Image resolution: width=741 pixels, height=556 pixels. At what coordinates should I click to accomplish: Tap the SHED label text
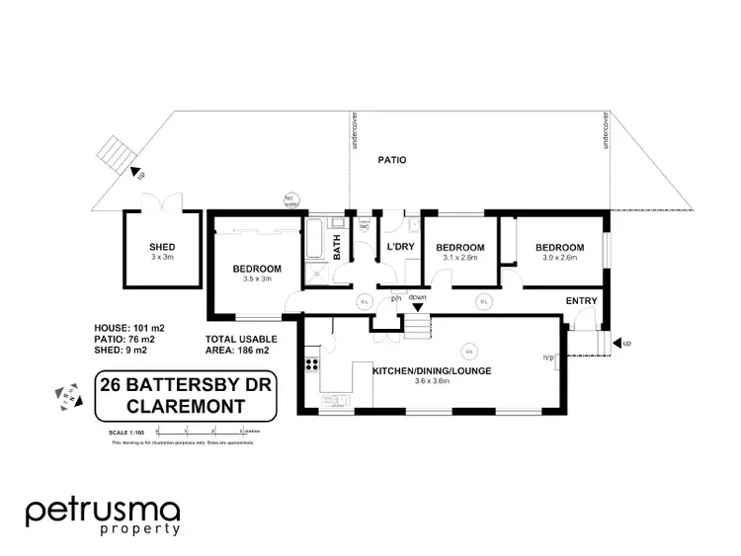click(x=161, y=247)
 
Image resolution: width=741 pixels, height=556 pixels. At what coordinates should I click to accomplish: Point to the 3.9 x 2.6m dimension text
click(x=560, y=258)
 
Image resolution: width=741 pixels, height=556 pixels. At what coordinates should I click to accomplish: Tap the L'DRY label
click(x=399, y=247)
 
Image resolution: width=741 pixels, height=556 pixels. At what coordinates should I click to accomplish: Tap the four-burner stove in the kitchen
click(x=312, y=364)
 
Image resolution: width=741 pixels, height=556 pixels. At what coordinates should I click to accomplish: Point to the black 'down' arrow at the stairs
click(x=417, y=307)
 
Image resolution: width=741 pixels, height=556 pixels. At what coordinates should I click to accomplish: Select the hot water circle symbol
click(x=290, y=198)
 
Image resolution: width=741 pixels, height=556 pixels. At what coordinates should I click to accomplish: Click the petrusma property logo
click(x=103, y=516)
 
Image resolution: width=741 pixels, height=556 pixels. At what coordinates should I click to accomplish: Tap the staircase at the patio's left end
click(x=113, y=155)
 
